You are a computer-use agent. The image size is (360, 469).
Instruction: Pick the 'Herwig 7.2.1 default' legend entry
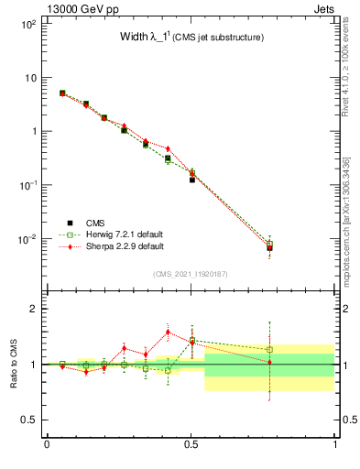coord(117,234)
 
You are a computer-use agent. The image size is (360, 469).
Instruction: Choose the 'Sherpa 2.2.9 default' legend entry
coord(117,246)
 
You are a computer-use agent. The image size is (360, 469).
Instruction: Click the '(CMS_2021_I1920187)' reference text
coord(190,274)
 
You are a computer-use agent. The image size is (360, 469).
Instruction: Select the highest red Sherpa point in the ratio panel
coord(168,332)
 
